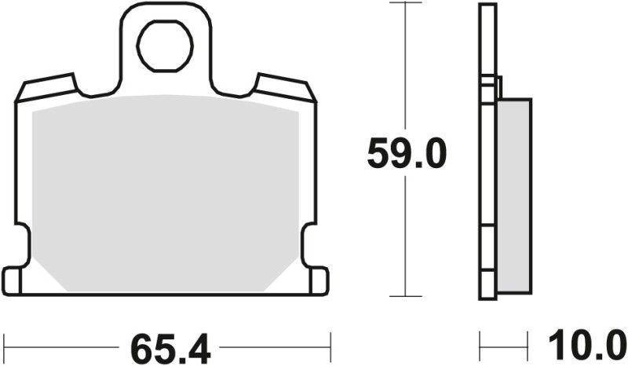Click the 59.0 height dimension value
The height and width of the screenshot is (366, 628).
tap(406, 153)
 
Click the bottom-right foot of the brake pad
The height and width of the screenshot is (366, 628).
tap(319, 280)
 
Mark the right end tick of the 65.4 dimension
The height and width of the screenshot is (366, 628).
tap(330, 343)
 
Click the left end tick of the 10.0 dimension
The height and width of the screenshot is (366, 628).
tap(480, 343)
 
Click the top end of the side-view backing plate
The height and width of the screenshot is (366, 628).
tap(487, 6)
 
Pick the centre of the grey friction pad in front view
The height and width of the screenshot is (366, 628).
tap(165, 192)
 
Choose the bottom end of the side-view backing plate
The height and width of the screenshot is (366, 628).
tap(487, 296)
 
